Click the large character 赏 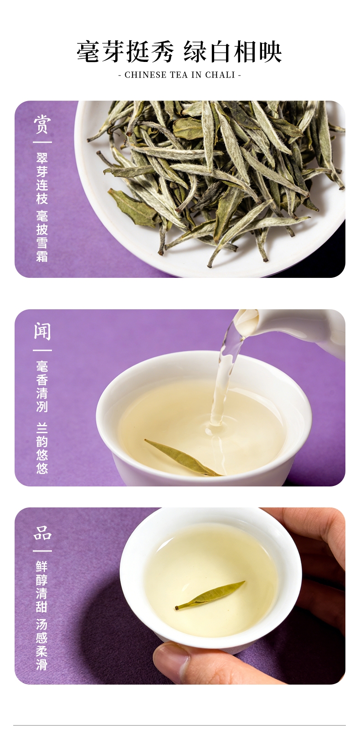(x=42, y=124)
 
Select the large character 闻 (x=42, y=331)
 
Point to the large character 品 (x=42, y=533)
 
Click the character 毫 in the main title (x=88, y=52)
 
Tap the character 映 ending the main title (x=270, y=52)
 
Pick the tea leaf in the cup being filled (x=183, y=457)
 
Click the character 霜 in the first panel (x=42, y=256)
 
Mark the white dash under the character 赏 (x=42, y=142)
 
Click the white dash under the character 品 (x=42, y=551)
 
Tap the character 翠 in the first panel (x=42, y=159)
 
